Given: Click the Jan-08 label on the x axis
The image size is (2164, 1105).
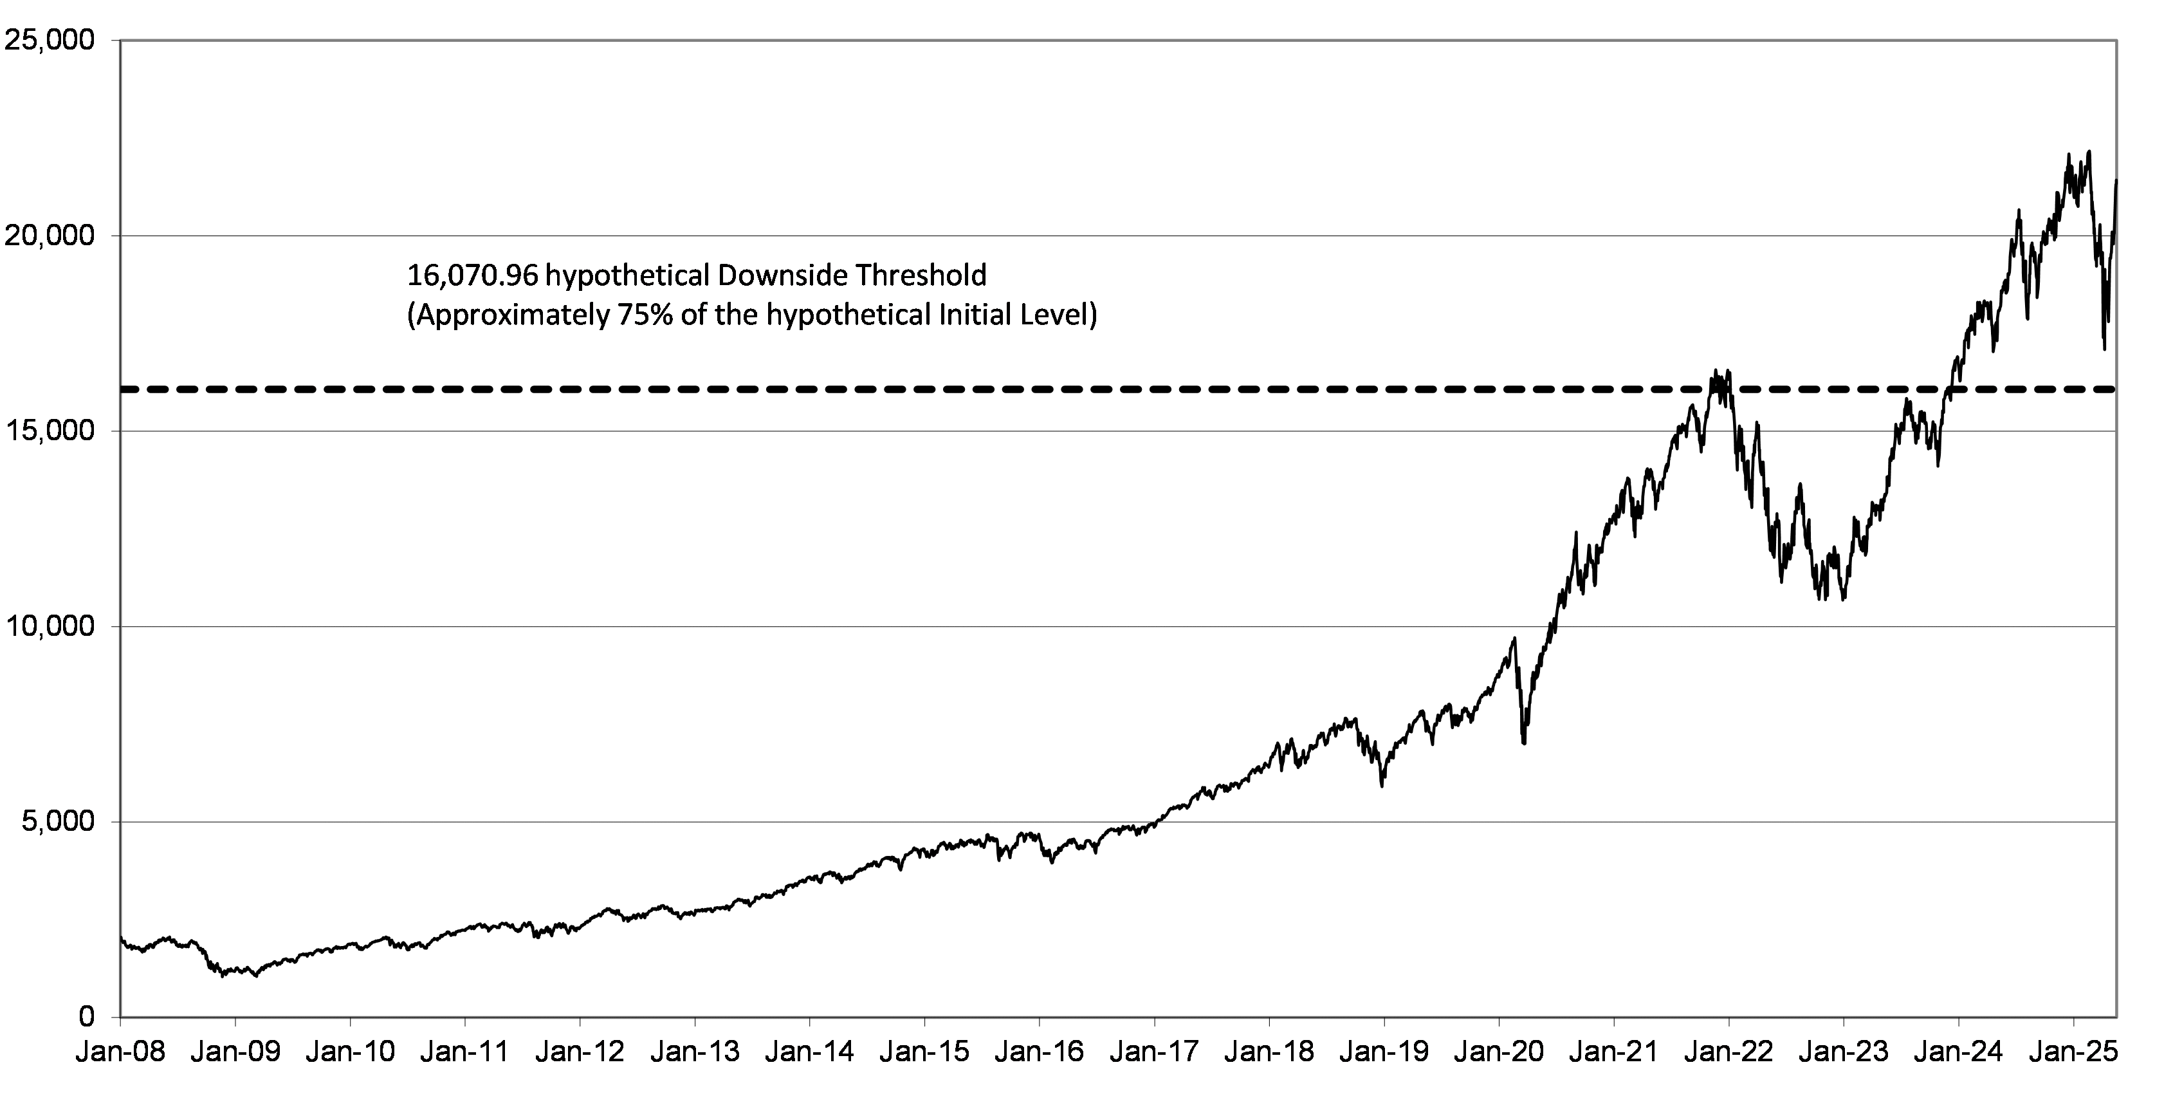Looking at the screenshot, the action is [x=120, y=1051].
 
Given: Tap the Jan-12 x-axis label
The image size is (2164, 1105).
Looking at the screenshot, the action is [x=580, y=1051].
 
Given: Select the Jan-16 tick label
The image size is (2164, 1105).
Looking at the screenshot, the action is [x=1039, y=1051].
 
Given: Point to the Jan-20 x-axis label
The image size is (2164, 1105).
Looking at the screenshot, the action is [x=1499, y=1051].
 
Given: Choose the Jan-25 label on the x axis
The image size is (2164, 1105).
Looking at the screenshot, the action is [x=2073, y=1051].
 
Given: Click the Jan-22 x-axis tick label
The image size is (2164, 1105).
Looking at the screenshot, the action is [x=1729, y=1051].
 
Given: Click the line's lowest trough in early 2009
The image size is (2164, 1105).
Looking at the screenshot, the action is [x=223, y=976].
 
